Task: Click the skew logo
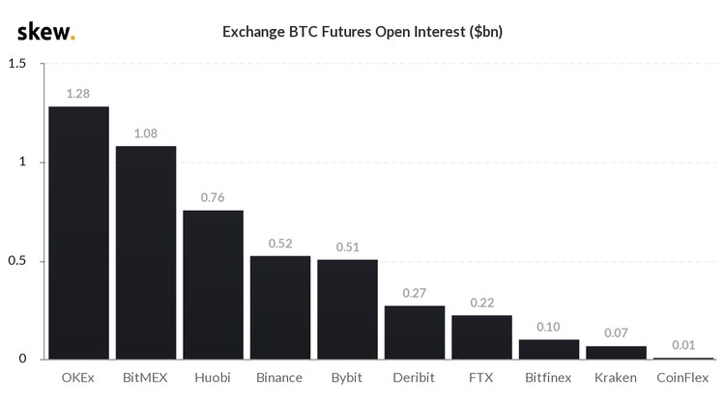click(x=45, y=32)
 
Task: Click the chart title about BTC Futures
click(x=362, y=32)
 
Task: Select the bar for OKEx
click(x=78, y=232)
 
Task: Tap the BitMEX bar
click(x=146, y=252)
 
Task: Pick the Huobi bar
click(x=213, y=284)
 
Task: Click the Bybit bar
click(x=347, y=308)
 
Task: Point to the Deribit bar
click(x=415, y=333)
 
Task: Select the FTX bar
click(x=481, y=337)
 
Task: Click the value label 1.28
click(x=78, y=94)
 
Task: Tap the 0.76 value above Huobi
click(x=213, y=197)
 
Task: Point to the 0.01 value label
click(x=682, y=345)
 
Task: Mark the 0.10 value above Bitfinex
click(x=549, y=327)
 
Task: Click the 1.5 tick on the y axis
click(x=16, y=64)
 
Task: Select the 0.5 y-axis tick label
click(x=16, y=261)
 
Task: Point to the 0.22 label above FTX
click(x=481, y=303)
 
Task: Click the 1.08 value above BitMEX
click(x=146, y=133)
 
